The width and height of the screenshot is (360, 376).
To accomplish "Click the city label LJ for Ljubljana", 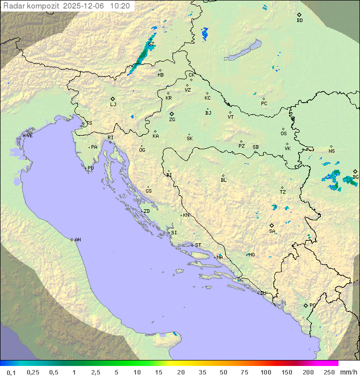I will (x=113, y=105).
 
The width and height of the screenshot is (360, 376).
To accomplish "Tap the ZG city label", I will (x=172, y=120).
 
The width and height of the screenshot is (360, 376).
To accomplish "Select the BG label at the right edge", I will (x=355, y=177).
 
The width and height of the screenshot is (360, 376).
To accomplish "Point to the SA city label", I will (x=272, y=231).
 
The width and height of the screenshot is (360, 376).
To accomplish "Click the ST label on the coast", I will (x=198, y=245).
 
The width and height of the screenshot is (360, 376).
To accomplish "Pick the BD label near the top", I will (x=299, y=21).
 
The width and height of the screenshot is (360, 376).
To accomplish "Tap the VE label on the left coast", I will (x=29, y=136).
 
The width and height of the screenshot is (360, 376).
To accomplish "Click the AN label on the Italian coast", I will (x=77, y=240).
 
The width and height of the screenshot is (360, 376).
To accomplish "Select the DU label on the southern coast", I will (x=262, y=293).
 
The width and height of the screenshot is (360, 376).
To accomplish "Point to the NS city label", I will (x=331, y=151).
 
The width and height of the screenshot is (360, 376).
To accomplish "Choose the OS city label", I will (x=283, y=134).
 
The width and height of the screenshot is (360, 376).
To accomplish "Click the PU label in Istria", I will (x=90, y=168).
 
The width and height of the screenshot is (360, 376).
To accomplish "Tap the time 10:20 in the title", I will (x=120, y=6).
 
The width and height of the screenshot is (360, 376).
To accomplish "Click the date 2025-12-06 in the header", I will (x=84, y=6).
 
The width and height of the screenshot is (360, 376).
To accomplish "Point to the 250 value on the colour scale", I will (x=329, y=372).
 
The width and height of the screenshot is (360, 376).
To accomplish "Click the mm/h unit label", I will (x=348, y=372).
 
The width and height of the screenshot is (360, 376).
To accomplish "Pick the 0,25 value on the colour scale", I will (x=33, y=372).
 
